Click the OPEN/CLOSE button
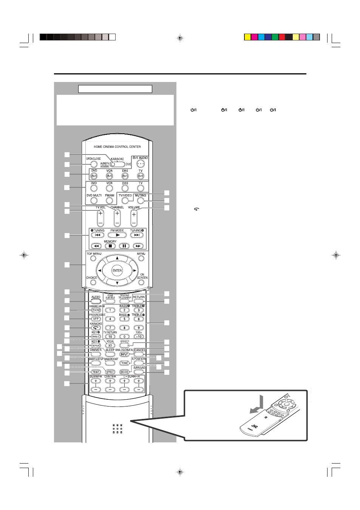click(x=93, y=164)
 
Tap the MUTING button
click(x=141, y=200)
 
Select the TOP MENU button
click(x=93, y=259)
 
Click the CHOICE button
click(x=93, y=282)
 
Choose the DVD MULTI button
click(x=94, y=200)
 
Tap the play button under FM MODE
click(x=117, y=235)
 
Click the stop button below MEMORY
click(x=110, y=246)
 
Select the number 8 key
click(x=124, y=328)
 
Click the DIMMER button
click(x=96, y=354)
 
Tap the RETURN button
click(x=139, y=301)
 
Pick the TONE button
click(x=124, y=363)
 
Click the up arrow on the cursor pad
click(x=117, y=258)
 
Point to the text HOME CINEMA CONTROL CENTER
click(x=117, y=147)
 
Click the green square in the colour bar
click(x=275, y=37)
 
